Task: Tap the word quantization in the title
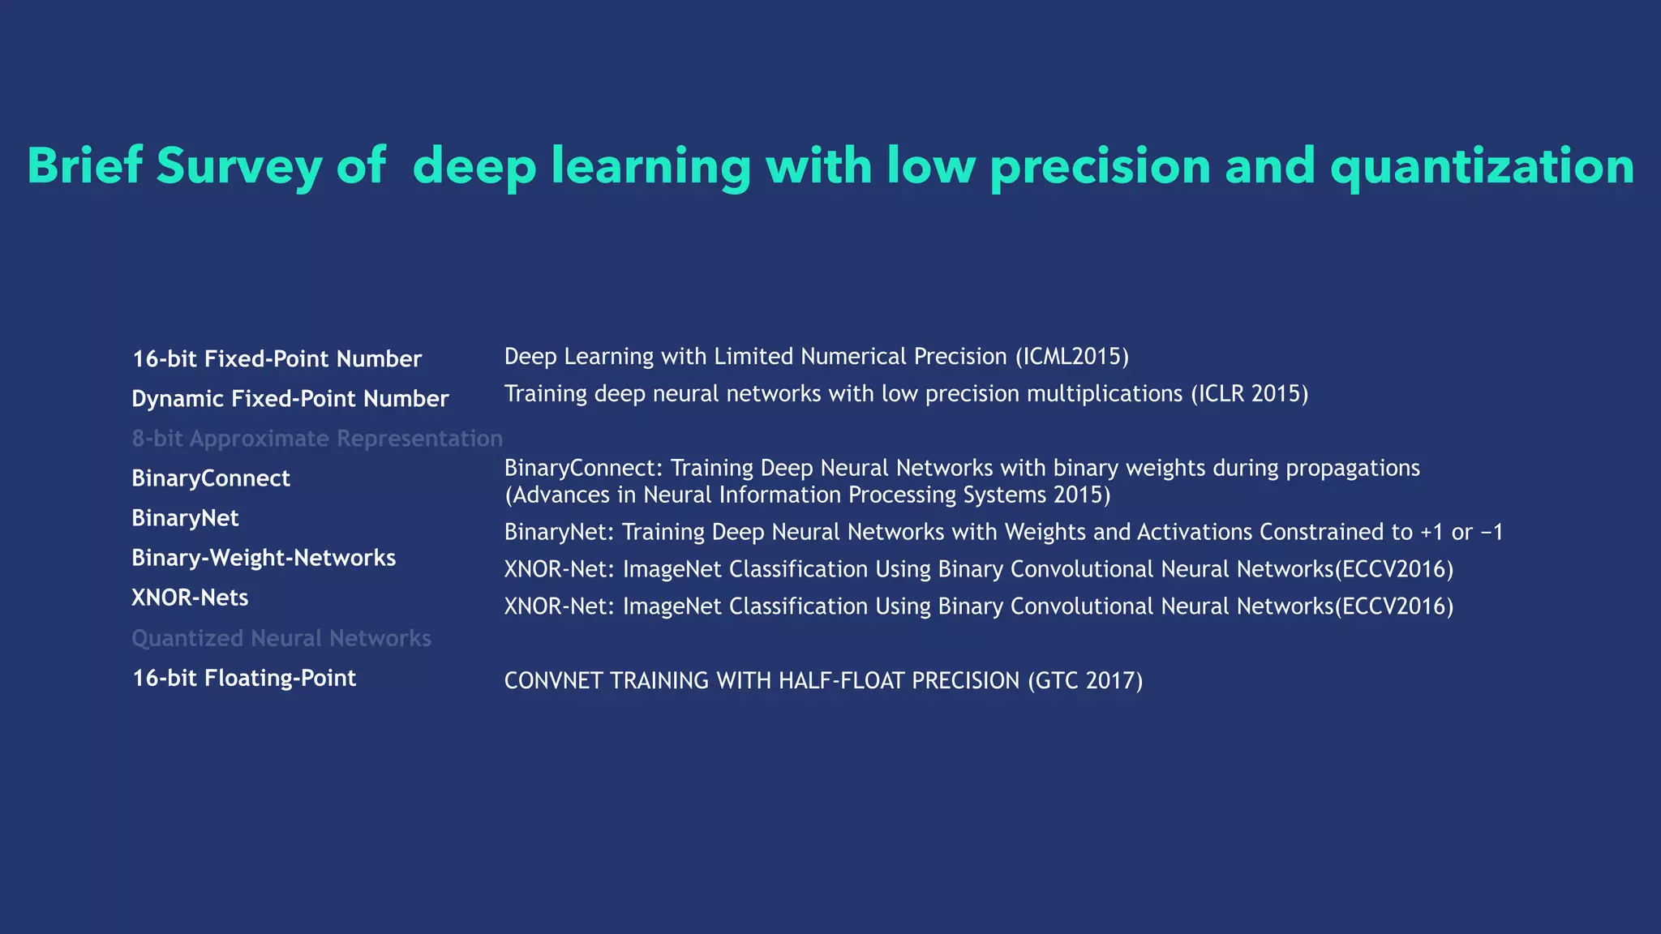(x=1482, y=166)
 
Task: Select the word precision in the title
(x=1101, y=166)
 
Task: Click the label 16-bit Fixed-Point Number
(x=277, y=359)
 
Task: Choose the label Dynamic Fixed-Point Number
(x=290, y=399)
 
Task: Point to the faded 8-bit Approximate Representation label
(x=317, y=439)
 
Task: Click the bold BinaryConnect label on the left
(x=211, y=478)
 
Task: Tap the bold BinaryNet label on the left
(x=185, y=518)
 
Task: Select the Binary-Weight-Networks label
(x=264, y=558)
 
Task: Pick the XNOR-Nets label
(x=190, y=598)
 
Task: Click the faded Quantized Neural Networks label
(x=281, y=638)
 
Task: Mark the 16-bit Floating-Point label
(x=244, y=678)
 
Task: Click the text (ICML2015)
(x=1071, y=357)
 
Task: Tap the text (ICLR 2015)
(x=1249, y=394)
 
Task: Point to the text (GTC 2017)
(x=1085, y=680)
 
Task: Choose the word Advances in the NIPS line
(x=560, y=495)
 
